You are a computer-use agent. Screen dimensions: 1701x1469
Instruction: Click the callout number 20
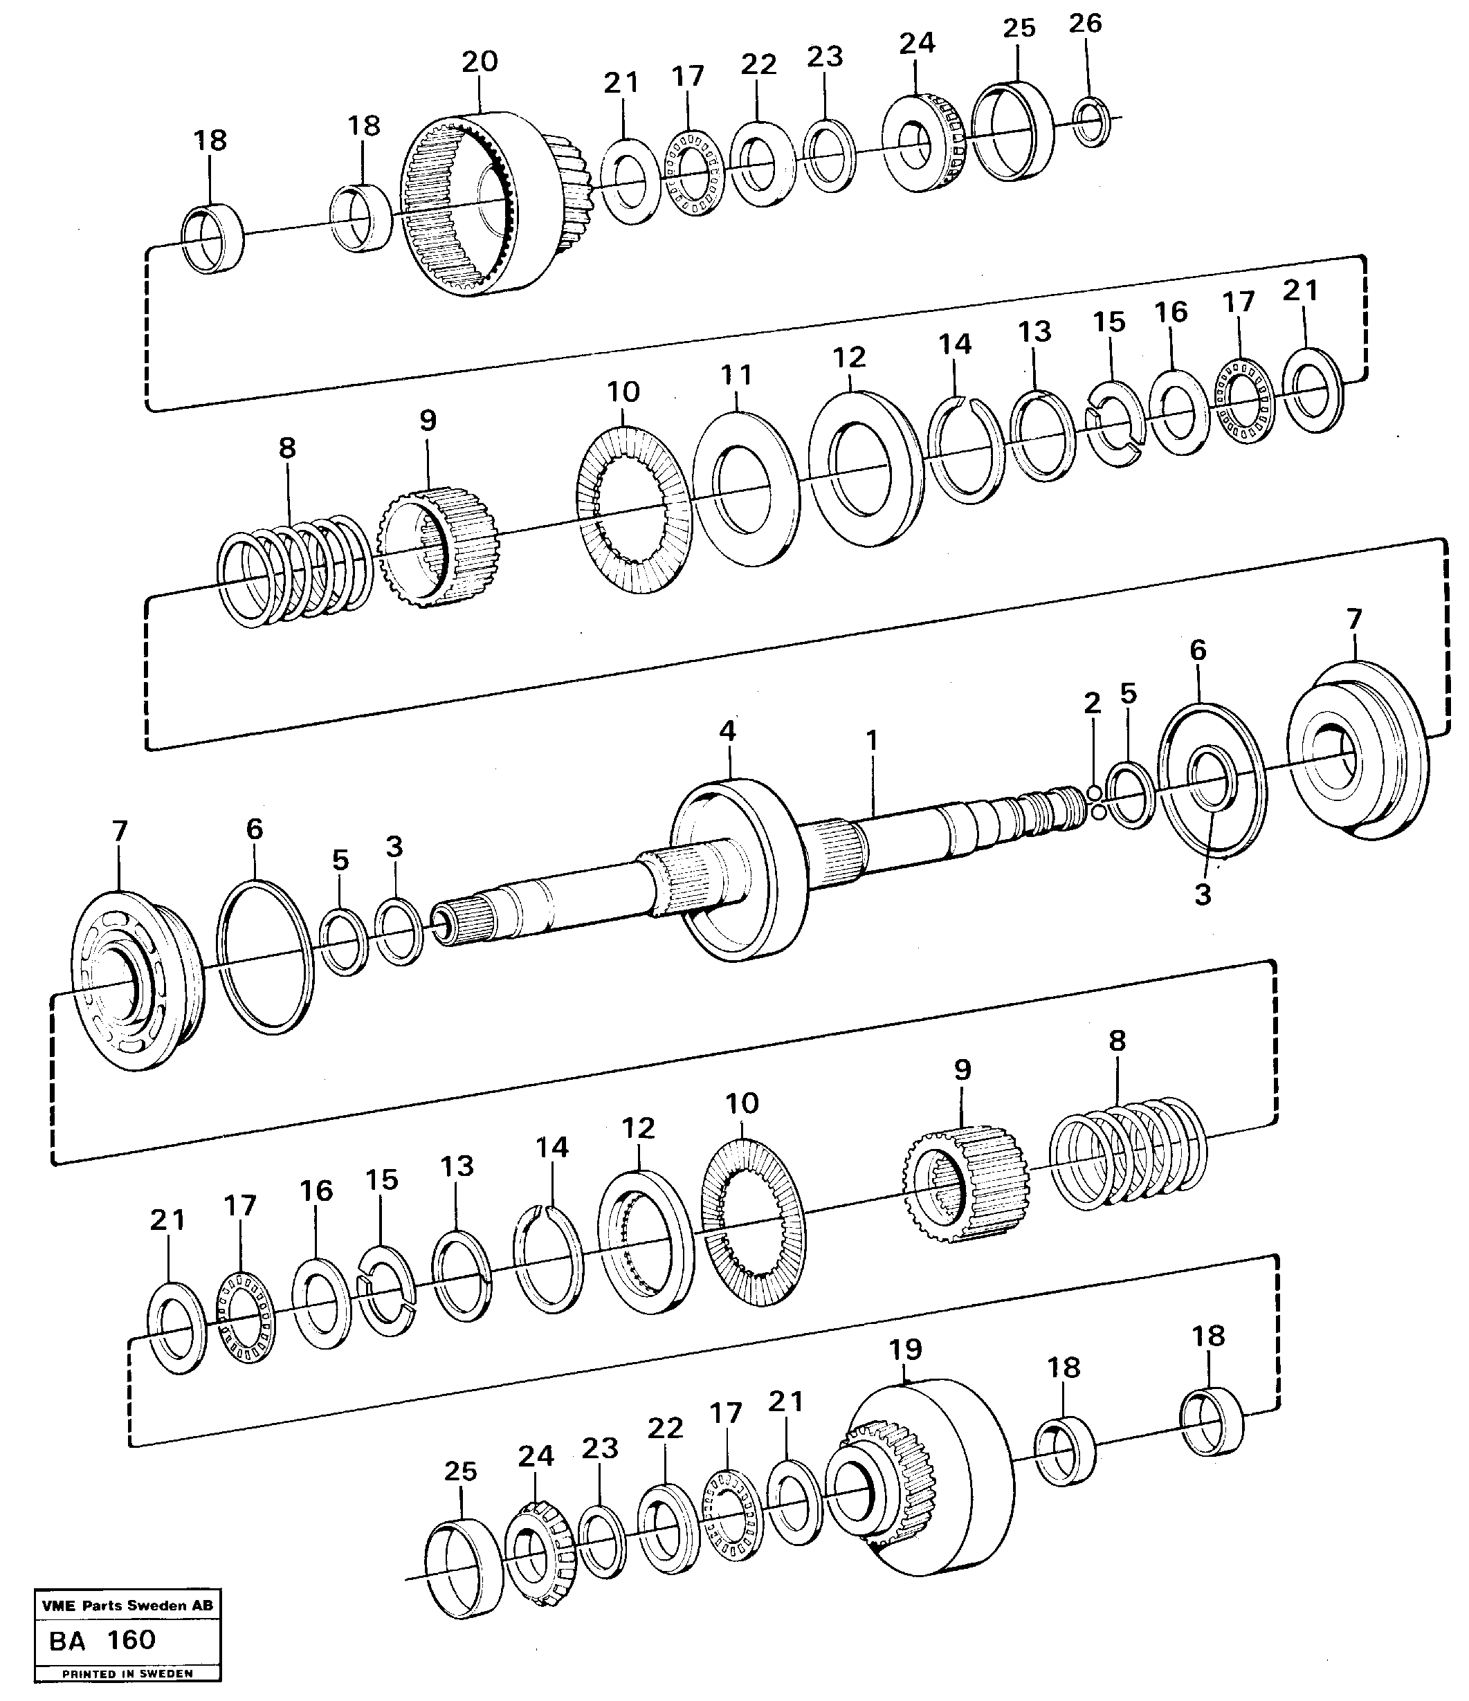480,62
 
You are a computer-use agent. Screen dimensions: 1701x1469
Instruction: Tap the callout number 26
1085,24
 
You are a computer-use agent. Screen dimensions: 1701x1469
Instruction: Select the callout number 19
905,1349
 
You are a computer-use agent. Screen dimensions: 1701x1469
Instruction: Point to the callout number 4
727,731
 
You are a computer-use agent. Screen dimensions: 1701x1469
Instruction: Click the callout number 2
1091,703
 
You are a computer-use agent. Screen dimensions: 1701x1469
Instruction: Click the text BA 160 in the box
102,1640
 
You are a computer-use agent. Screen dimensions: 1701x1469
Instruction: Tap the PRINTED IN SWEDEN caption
127,1673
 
